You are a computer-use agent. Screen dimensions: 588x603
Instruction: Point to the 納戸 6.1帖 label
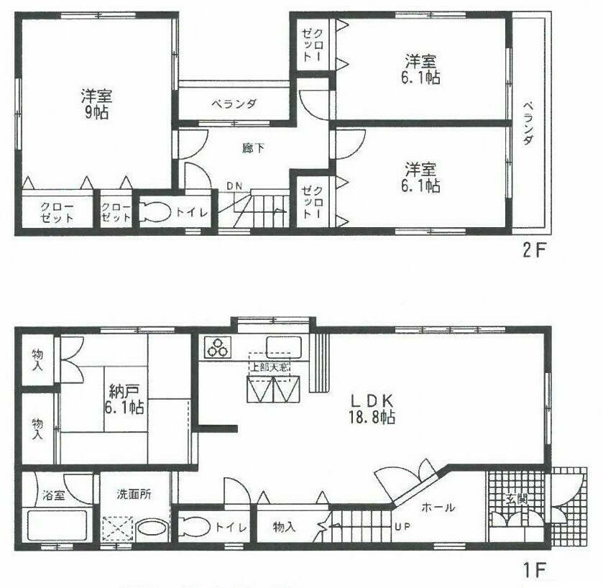tap(126, 400)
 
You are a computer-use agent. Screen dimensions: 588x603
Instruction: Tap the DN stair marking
tap(234, 186)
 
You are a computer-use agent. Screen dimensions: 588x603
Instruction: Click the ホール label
tap(438, 507)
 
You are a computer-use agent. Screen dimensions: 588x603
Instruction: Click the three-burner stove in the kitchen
tap(217, 347)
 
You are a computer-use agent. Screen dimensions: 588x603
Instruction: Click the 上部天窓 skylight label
tap(270, 367)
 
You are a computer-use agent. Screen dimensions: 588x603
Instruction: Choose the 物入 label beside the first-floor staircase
tap(285, 528)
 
